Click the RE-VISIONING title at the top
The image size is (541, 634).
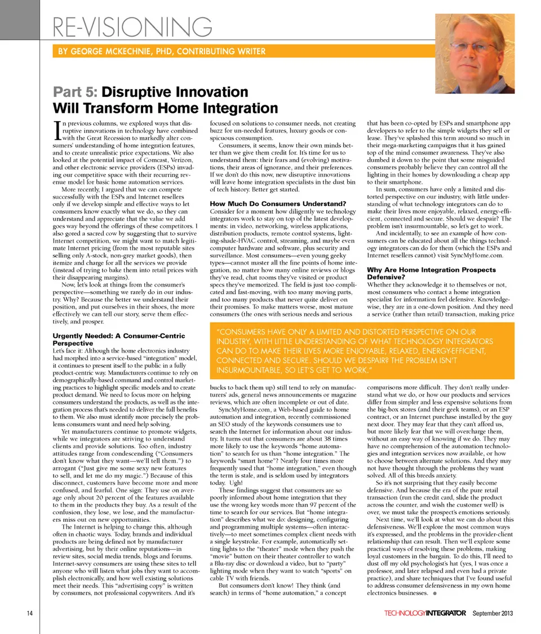tap(133, 27)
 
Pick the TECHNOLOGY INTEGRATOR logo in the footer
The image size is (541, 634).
tap(425, 613)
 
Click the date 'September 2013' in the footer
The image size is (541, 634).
tap(493, 613)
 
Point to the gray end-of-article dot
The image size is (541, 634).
tap(436, 594)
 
